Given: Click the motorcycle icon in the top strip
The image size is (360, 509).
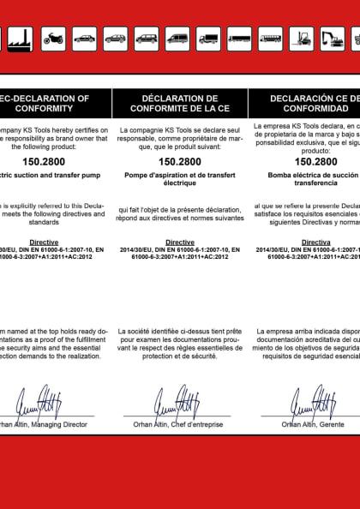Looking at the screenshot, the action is [x=53, y=38].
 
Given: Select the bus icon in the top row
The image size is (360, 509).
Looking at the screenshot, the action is [x=270, y=38].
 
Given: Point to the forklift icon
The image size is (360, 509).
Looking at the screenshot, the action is [x=301, y=38].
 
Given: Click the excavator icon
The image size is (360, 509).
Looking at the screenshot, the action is [x=332, y=38].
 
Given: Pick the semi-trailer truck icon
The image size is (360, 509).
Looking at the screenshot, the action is [x=239, y=38].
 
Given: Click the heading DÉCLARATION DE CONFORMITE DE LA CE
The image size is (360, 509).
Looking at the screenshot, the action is [x=179, y=103].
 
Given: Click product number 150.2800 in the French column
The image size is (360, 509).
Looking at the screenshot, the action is [x=179, y=160].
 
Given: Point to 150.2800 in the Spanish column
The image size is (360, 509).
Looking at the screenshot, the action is [x=315, y=160].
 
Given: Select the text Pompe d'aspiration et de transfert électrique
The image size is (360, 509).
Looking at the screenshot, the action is [x=179, y=178].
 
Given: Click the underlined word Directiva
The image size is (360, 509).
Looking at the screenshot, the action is [x=315, y=243].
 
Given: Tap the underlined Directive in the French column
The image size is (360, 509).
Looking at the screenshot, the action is [x=179, y=243].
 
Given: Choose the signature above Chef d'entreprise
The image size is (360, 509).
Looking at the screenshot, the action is [x=177, y=399].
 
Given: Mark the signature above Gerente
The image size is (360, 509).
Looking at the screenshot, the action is [x=313, y=399].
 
